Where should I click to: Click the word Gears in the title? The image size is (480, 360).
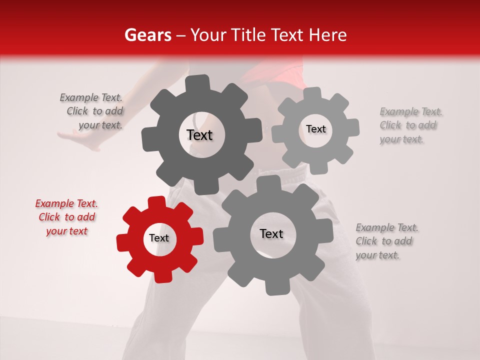(x=147, y=35)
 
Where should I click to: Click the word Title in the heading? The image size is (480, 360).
(x=248, y=35)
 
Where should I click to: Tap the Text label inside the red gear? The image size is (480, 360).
(x=159, y=238)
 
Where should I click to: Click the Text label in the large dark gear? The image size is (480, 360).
(x=199, y=135)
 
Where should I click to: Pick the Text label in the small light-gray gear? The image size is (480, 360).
(x=315, y=129)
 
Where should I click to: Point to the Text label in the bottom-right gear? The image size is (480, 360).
(x=271, y=234)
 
